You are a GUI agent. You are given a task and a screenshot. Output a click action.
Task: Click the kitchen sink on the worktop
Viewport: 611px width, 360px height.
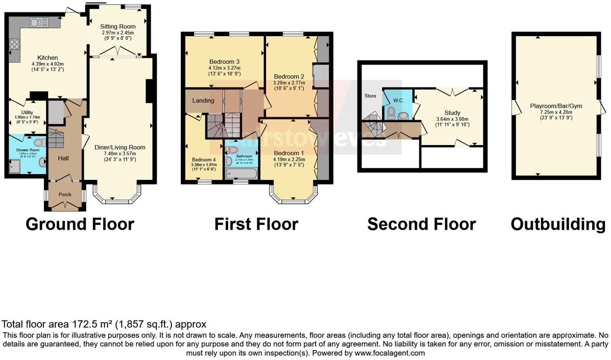click(39, 22)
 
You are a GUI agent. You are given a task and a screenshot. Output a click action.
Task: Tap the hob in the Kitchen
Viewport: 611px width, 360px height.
click(14, 44)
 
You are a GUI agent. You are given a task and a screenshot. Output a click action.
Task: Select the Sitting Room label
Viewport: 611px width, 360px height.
click(118, 27)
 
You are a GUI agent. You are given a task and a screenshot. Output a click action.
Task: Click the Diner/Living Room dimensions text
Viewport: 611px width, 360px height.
click(120, 156)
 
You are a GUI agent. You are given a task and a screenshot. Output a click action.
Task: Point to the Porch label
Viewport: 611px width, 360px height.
click(65, 194)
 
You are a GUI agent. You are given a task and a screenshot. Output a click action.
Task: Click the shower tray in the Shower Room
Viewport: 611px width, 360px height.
click(14, 166)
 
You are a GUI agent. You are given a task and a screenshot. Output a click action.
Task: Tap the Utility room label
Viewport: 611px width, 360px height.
click(27, 112)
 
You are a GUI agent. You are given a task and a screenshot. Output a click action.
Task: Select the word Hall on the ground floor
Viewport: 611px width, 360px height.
click(63, 158)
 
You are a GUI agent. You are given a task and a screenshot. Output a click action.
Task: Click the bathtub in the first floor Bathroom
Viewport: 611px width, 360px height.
click(241, 174)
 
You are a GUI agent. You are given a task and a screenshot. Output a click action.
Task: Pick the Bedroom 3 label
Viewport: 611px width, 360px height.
click(224, 62)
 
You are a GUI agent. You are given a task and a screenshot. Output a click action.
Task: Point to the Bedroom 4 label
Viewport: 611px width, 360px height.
click(203, 160)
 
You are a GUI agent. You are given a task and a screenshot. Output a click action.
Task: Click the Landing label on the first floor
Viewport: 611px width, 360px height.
click(203, 100)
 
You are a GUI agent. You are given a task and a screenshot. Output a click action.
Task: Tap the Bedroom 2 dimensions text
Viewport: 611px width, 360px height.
click(289, 86)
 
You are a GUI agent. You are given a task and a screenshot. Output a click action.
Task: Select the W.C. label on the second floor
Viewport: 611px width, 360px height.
click(398, 100)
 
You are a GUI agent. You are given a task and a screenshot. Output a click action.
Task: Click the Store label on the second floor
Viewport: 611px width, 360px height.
click(370, 96)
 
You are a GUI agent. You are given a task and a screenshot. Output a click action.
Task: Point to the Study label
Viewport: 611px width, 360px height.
click(452, 113)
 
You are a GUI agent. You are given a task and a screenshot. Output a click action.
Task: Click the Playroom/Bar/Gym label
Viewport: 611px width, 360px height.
click(556, 106)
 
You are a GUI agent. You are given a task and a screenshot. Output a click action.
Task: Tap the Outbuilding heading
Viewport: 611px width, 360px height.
click(558, 224)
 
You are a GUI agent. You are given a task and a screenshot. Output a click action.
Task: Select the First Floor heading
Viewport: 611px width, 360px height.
click(256, 224)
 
